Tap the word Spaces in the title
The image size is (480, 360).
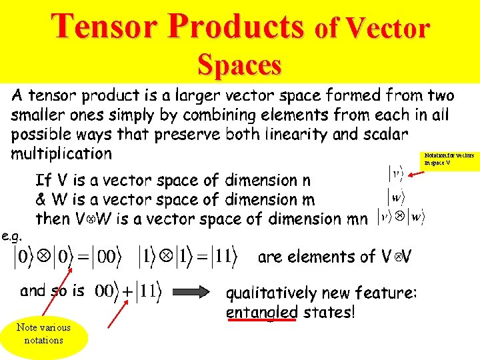239,65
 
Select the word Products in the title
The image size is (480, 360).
237,27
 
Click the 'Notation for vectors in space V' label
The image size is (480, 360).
449,159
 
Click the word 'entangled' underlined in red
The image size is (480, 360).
262,312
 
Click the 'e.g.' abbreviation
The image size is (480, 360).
11,235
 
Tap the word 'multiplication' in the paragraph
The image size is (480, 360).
61,154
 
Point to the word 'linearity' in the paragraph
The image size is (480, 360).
293,135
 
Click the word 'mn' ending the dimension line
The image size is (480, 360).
354,219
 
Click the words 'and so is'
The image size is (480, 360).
52,291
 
